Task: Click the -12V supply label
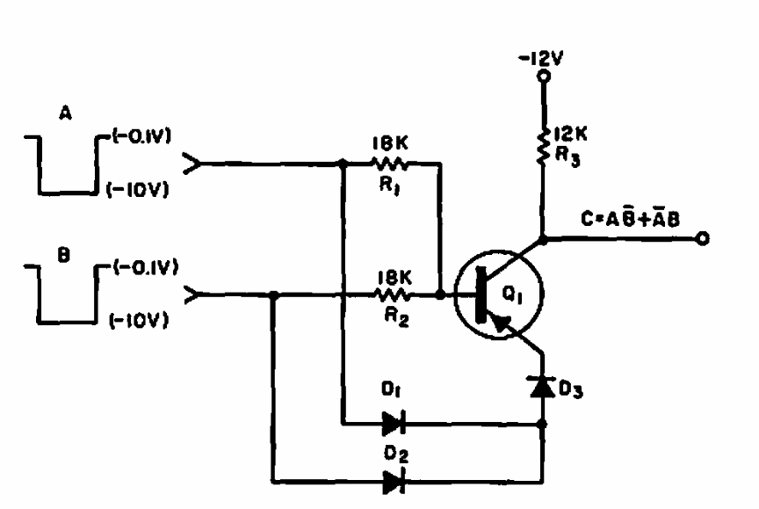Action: tap(541, 59)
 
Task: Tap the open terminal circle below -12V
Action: tap(544, 76)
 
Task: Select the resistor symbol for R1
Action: tap(390, 164)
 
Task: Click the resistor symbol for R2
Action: tap(390, 294)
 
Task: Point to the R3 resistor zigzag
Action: tap(543, 146)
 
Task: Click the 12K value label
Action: tap(571, 135)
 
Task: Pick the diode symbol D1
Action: tap(394, 424)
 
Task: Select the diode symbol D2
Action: tap(394, 482)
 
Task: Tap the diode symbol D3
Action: tap(543, 387)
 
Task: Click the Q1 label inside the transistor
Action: tap(512, 294)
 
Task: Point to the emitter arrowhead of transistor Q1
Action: tap(501, 323)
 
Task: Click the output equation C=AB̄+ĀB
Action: tap(630, 219)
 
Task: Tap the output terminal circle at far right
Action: tap(702, 238)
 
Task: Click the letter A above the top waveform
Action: tap(65, 113)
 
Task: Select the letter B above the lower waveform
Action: tap(63, 255)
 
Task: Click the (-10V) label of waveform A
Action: tap(137, 189)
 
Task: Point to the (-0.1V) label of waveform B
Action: tap(146, 267)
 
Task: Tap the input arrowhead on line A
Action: tap(192, 164)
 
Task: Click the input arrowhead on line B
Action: tap(192, 294)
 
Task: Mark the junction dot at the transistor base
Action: tap(440, 294)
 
